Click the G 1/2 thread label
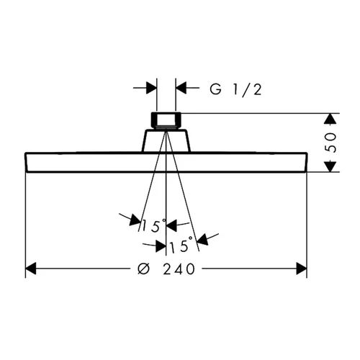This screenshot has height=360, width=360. point(235,90)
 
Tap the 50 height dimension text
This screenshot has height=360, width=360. point(330,143)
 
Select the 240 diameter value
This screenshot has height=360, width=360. point(179,269)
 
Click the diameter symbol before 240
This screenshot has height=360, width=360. point(144,269)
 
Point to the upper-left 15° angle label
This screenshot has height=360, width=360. point(153,225)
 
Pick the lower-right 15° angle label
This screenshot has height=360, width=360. point(181,244)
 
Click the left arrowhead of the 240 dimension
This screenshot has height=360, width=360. point(31,269)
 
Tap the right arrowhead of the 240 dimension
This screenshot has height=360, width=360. point(302,269)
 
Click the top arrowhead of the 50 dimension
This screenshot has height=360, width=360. point(330,119)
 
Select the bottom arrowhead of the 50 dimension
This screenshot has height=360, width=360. point(330,166)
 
